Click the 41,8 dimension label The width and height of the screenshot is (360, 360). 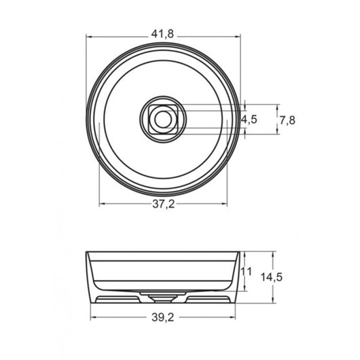(162, 34)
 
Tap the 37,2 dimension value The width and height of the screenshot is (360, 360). (163, 204)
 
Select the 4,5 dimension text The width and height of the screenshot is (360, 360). (249, 120)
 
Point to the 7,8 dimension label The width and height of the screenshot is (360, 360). (287, 120)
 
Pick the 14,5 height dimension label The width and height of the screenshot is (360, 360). (271, 277)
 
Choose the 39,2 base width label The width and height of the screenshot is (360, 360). (163, 317)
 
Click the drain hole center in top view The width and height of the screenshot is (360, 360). (163, 119)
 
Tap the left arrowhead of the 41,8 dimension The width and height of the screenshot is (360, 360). (89, 37)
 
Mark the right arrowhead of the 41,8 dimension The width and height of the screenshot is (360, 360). (238, 37)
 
